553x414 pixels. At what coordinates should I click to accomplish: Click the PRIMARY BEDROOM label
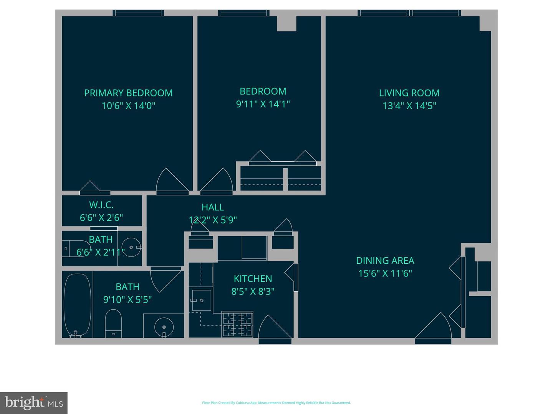(x=128, y=93)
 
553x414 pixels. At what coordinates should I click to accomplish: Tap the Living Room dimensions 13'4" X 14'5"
(x=409, y=105)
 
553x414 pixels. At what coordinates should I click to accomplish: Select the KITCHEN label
(x=253, y=279)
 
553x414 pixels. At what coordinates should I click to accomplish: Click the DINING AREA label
(x=385, y=261)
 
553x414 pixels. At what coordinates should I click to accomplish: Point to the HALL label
(x=213, y=207)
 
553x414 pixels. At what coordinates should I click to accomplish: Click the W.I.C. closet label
(x=101, y=205)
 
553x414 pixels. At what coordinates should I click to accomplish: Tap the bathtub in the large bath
(x=77, y=305)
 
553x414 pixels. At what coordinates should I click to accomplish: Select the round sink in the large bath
(x=164, y=327)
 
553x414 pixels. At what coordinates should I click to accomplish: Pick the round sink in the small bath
(x=131, y=247)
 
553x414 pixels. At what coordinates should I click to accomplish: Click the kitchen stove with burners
(x=237, y=324)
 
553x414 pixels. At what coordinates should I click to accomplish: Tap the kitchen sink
(x=201, y=300)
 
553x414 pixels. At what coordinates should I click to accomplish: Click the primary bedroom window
(x=138, y=13)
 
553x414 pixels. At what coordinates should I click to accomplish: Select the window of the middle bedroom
(x=243, y=13)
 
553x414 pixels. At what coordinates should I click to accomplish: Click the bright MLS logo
(x=34, y=403)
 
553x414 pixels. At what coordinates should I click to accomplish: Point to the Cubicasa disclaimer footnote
(x=276, y=403)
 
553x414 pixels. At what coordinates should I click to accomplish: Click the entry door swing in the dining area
(x=434, y=328)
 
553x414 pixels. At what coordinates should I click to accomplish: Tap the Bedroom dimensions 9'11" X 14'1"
(x=263, y=104)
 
